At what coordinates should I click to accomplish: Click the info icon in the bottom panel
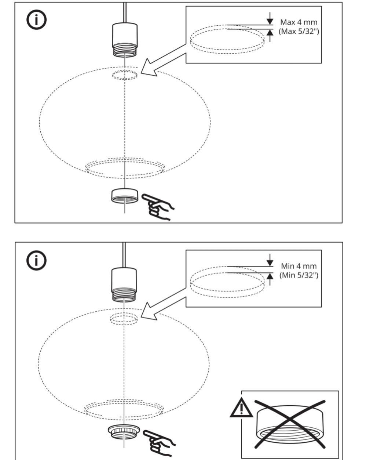[x=36, y=261]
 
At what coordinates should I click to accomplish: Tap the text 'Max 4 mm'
[x=299, y=23]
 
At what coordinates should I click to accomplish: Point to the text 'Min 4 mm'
[x=299, y=266]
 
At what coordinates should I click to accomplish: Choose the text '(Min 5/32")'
[x=299, y=275]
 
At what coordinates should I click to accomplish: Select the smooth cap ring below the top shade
[x=125, y=196]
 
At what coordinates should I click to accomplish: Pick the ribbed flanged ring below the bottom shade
[x=125, y=431]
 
